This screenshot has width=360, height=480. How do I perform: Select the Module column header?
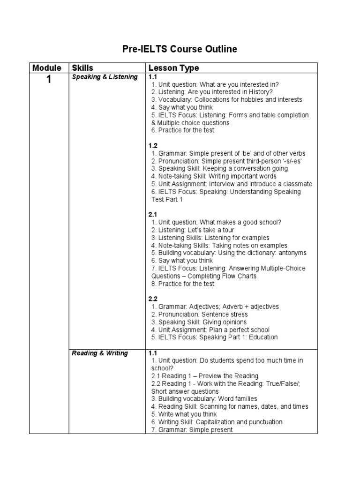pyautogui.click(x=47, y=68)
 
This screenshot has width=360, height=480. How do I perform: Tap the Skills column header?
pyautogui.click(x=82, y=68)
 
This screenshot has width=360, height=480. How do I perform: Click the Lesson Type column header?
pyautogui.click(x=172, y=68)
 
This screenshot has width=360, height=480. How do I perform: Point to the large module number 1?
pyautogui.click(x=48, y=80)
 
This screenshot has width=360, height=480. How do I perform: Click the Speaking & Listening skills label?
pyautogui.click(x=105, y=77)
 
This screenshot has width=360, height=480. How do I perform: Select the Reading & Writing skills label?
pyautogui.click(x=99, y=353)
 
